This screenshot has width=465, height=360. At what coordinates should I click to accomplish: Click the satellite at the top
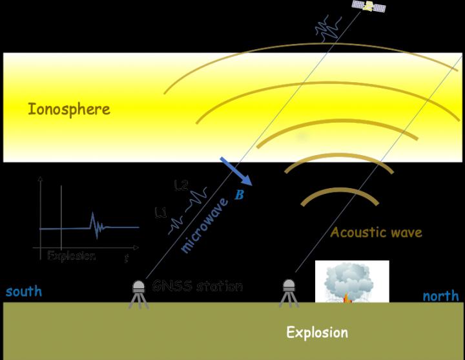point(369,6)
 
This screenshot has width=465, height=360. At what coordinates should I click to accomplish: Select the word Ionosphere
point(69,109)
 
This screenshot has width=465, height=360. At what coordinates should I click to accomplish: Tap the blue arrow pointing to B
point(235,171)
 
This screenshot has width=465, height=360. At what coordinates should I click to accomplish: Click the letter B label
point(239,194)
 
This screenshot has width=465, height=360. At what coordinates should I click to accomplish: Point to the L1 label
point(161,211)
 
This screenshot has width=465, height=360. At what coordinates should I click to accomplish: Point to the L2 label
point(181,186)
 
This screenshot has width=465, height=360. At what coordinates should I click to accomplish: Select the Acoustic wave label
point(376,232)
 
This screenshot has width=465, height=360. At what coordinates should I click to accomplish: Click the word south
point(24,291)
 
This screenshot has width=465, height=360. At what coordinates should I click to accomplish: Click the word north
point(440,296)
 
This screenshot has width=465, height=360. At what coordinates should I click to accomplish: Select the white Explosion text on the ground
point(317,333)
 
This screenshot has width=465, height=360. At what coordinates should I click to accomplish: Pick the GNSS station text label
point(198,286)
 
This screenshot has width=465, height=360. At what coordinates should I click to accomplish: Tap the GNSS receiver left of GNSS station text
point(138,293)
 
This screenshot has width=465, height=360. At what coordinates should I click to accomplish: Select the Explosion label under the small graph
point(72,255)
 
